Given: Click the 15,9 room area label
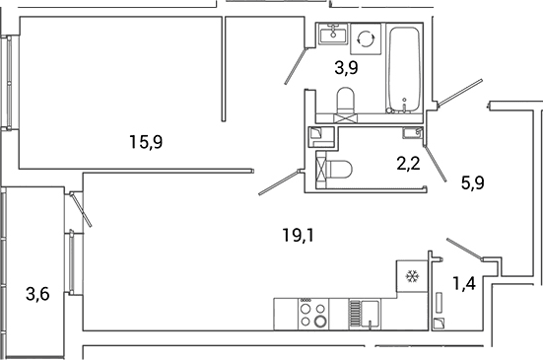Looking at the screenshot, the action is (146, 142).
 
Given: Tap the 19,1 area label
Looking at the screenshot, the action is (299, 236).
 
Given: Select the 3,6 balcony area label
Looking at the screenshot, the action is (37, 295).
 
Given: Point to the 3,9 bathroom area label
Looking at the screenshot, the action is (346, 68).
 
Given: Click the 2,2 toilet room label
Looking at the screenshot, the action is (409, 163).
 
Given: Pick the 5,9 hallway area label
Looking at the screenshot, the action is (473, 182).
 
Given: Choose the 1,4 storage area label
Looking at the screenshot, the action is (464, 283).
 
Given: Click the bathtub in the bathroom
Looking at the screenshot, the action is (404, 69).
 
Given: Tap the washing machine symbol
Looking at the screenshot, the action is (366, 38).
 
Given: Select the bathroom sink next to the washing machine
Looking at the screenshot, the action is (333, 34).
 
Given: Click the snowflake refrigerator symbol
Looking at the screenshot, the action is (413, 276).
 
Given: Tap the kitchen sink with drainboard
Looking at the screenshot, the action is (365, 314).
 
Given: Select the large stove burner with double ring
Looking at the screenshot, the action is (320, 322).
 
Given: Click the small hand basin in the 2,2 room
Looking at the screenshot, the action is (413, 133).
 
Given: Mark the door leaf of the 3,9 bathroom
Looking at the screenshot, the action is (296, 66).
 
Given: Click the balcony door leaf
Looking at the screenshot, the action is (81, 210).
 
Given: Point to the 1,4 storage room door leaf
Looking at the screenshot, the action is (464, 249).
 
